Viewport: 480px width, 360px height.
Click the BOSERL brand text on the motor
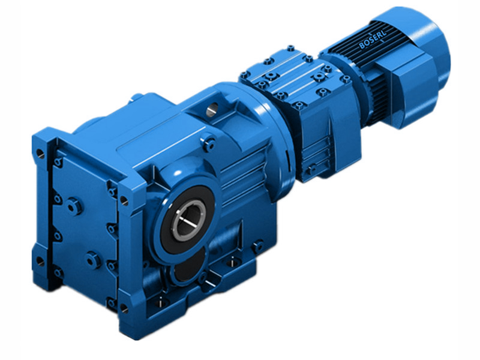[x=374, y=43]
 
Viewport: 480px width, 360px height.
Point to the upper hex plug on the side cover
[x=73, y=206]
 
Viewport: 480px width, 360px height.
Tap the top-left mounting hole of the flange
[x=40, y=153]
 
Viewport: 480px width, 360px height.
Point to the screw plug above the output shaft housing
[x=209, y=143]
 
